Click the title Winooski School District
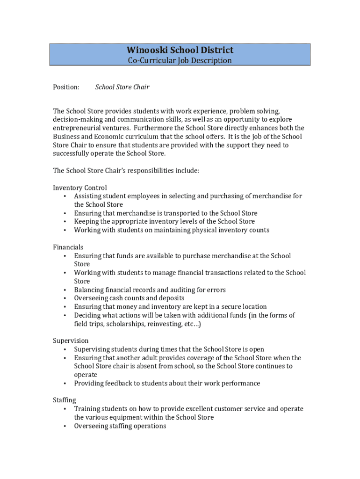180,50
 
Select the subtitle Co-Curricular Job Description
180,60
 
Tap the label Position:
66,87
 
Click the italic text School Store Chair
122,87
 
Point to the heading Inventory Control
80,188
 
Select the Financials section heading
68,247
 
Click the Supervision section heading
71,341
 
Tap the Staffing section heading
65,400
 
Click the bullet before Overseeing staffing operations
64,426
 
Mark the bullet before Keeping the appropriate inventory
64,222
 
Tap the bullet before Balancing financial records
64,290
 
